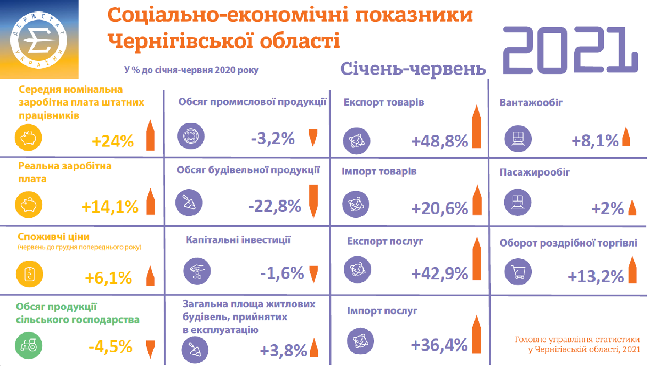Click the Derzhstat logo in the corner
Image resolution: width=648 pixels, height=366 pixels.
[x=39, y=39]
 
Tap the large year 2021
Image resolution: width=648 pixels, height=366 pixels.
[x=570, y=51]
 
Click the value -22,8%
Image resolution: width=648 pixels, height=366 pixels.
[x=275, y=206]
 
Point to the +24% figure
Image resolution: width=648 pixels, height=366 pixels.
[x=113, y=141]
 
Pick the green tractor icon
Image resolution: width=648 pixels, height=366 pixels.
[x=28, y=345]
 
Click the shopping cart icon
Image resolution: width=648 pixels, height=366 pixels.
[x=518, y=272]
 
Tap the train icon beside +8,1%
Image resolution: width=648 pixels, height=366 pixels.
[x=518, y=138]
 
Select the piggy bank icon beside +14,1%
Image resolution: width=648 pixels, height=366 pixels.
[x=28, y=204]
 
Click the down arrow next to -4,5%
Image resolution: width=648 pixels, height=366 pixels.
[x=151, y=349]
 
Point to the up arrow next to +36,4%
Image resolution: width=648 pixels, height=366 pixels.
[x=477, y=334]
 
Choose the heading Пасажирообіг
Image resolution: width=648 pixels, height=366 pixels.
[x=535, y=172]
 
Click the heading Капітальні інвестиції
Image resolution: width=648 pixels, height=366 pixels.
[x=238, y=240]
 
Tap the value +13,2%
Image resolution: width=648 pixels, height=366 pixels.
[x=595, y=277]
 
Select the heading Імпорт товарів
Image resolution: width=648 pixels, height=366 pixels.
[x=379, y=171]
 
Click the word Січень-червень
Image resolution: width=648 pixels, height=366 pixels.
[x=413, y=69]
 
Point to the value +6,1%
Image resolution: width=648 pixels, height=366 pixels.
[x=108, y=278]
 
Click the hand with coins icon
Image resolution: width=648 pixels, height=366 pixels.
[x=197, y=271]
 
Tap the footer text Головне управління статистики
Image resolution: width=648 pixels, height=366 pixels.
[x=577, y=340]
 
